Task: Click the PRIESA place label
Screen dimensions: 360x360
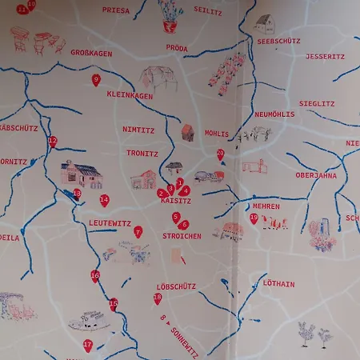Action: tap(116, 10)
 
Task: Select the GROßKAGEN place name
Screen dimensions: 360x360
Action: tap(91, 52)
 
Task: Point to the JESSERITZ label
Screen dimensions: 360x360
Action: tap(325, 57)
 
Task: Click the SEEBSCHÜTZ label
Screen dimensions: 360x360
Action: tap(278, 40)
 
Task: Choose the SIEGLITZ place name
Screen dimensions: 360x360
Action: tap(317, 103)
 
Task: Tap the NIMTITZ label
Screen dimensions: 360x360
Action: tap(138, 129)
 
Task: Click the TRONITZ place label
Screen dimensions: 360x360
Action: tap(142, 152)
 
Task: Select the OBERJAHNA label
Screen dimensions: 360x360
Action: tap(316, 175)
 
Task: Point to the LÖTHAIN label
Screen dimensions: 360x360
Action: tap(278, 283)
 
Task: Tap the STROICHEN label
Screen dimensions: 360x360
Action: tap(182, 236)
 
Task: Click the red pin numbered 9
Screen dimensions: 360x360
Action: tap(96, 79)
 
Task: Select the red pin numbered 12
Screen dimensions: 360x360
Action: tap(53, 142)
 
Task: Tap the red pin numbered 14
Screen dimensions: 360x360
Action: tap(104, 200)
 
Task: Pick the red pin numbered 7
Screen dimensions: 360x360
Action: tap(138, 231)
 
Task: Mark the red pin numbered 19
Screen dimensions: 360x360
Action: tap(254, 218)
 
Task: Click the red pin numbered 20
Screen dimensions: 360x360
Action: tap(220, 154)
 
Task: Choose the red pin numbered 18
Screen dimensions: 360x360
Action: tap(158, 298)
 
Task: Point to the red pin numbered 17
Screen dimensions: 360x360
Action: tap(88, 346)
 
